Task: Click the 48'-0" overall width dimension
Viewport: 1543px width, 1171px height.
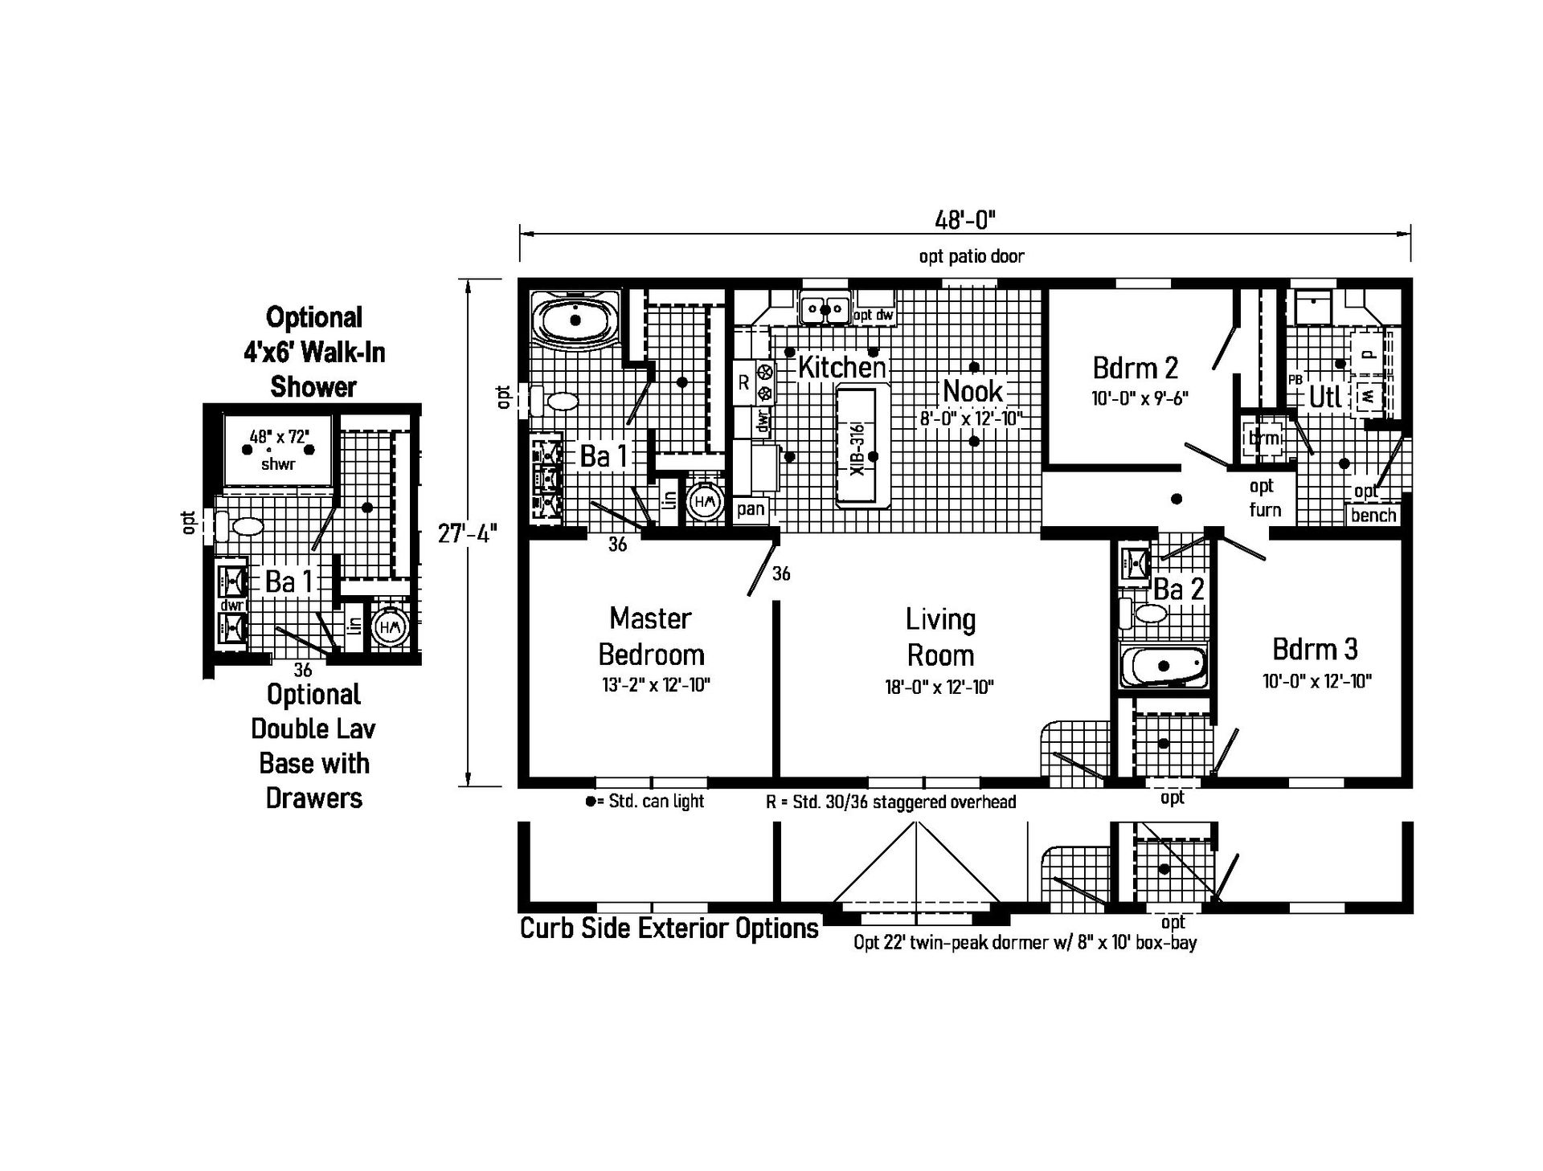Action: [964, 219]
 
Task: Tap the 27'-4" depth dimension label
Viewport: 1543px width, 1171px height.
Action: [467, 533]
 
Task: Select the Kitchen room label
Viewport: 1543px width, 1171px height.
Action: [841, 368]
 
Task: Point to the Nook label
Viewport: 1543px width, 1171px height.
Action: [972, 392]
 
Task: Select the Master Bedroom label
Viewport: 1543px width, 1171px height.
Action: [651, 636]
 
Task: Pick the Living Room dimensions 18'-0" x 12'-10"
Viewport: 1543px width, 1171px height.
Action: [939, 688]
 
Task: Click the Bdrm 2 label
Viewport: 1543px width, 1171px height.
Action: [1135, 368]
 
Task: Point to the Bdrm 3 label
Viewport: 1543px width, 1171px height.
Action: [1315, 648]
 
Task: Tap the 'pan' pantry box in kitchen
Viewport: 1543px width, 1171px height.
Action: [751, 509]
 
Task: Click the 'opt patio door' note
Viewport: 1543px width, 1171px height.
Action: [972, 256]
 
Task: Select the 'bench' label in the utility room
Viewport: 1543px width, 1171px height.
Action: [1373, 515]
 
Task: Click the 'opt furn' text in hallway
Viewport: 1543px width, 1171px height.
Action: [1264, 498]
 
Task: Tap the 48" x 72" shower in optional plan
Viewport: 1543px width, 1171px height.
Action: [278, 450]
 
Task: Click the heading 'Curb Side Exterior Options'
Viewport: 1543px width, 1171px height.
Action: [669, 928]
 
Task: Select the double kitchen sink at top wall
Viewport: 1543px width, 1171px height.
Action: [825, 309]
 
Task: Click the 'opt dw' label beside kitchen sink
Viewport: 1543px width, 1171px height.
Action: [873, 315]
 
